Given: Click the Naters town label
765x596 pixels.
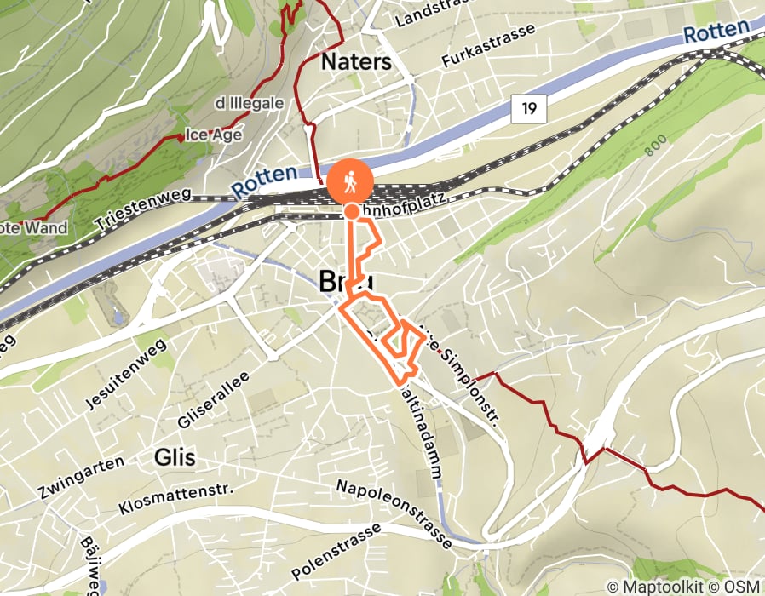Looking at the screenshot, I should (x=356, y=62).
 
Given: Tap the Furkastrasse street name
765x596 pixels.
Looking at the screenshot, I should (x=488, y=47).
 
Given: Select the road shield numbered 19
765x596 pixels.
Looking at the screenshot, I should (x=529, y=107).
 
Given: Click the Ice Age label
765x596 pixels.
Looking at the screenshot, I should (x=214, y=135).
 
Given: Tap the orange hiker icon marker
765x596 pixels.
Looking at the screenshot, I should (x=351, y=181).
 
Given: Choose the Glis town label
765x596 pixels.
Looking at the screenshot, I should (x=175, y=457).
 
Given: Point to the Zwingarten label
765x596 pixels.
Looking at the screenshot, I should (x=81, y=477).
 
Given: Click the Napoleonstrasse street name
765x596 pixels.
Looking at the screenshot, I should (x=393, y=509).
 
